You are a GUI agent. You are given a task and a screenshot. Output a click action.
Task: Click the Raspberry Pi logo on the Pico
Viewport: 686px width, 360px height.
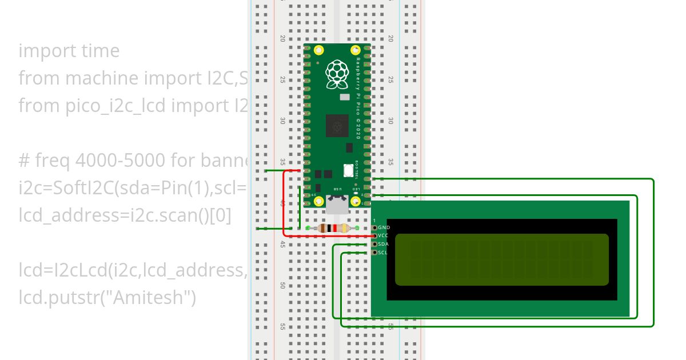[337, 74]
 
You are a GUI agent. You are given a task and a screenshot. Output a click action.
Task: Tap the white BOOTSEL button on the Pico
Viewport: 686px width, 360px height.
[347, 170]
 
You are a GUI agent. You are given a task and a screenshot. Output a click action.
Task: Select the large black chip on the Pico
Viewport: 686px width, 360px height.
[337, 126]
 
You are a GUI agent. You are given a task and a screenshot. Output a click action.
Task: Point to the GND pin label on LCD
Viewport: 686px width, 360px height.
[384, 227]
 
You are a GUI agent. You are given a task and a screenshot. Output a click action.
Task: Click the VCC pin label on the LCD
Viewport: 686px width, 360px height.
[384, 235]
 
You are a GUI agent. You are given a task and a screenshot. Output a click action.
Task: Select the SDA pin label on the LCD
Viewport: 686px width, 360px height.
[384, 244]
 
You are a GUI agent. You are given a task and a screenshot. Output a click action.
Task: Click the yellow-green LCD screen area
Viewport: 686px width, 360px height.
[501, 259]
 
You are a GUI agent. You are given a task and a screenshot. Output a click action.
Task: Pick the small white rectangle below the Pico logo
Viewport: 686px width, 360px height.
[344, 97]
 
